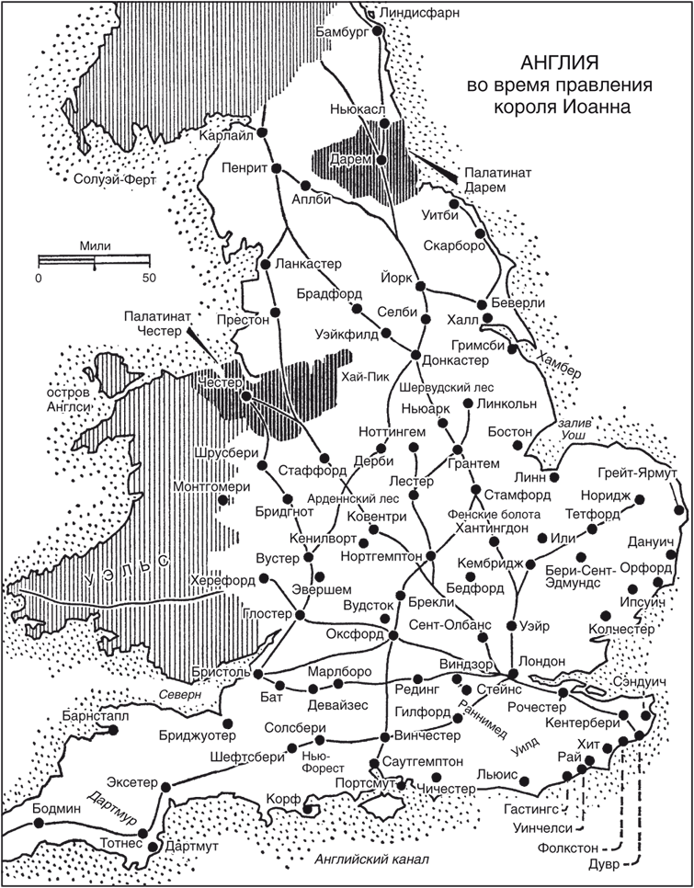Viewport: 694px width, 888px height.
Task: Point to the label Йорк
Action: (x=396, y=277)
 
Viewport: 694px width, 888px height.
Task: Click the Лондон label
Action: (x=541, y=661)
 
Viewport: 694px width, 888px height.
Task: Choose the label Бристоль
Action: (x=221, y=672)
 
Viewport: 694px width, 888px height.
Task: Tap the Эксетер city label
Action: (x=132, y=782)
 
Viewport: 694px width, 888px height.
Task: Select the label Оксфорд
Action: (x=355, y=634)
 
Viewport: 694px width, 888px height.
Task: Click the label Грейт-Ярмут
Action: (x=636, y=472)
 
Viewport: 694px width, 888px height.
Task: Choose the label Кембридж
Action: (x=491, y=563)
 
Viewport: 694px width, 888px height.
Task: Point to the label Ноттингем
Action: (x=393, y=430)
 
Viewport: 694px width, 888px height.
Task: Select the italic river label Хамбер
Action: (x=560, y=365)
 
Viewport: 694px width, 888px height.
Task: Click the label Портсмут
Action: (x=366, y=783)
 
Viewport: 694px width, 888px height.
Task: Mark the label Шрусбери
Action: (x=226, y=453)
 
